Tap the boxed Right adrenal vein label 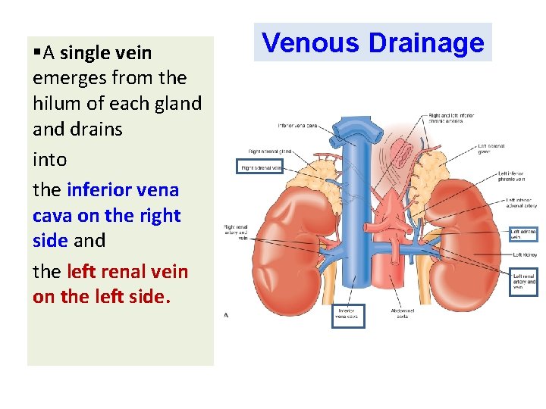pyautogui.click(x=260, y=167)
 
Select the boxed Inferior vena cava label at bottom pyautogui.click(x=348, y=316)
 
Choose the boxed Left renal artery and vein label pyautogui.click(x=524, y=281)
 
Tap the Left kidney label pyautogui.click(x=525, y=254)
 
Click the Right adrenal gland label pyautogui.click(x=270, y=151)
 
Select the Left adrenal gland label pyautogui.click(x=488, y=148)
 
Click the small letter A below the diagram pyautogui.click(x=226, y=316)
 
